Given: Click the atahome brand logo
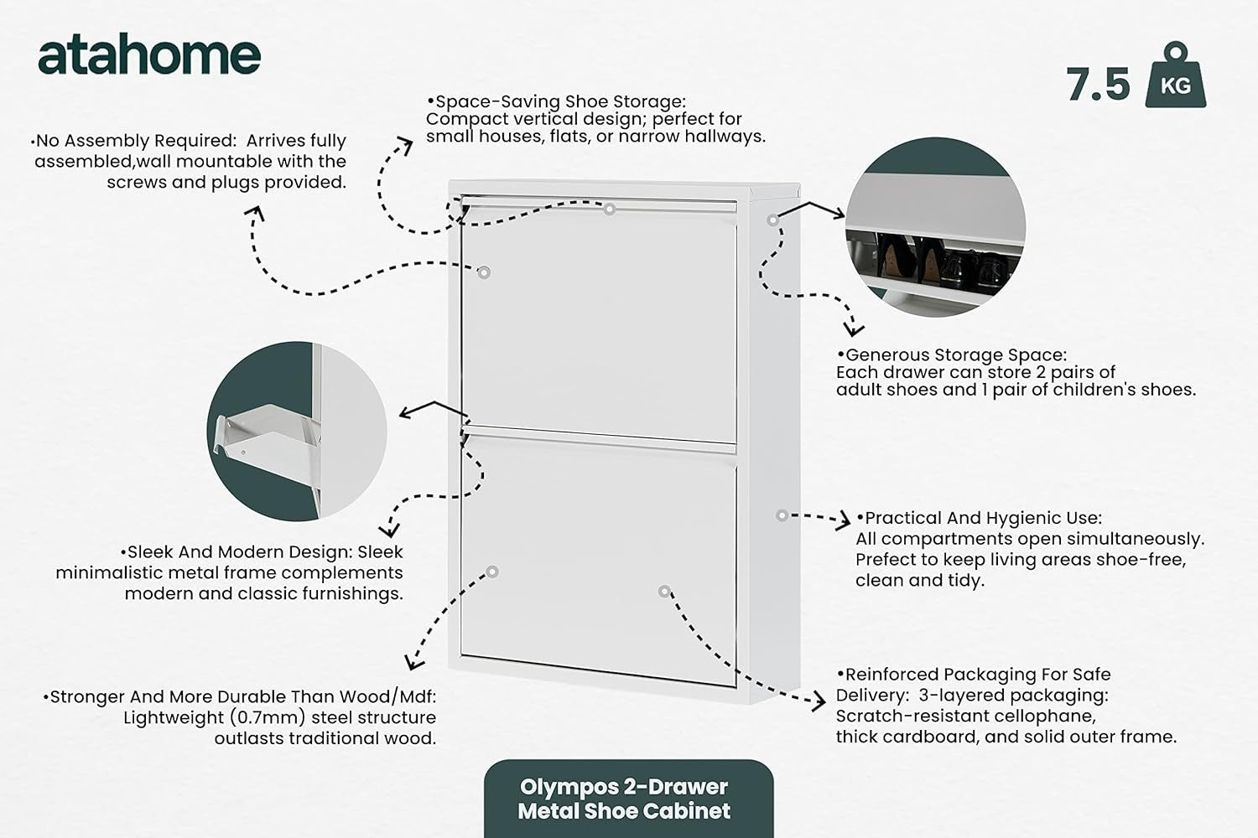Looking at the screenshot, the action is (149, 55).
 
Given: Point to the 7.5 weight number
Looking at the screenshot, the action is (1098, 85).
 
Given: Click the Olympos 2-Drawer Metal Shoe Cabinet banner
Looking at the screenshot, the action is (628, 799).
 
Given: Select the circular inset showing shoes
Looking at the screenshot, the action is (936, 227).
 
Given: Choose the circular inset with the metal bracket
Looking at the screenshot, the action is (297, 431).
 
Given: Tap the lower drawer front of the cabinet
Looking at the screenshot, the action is (599, 561).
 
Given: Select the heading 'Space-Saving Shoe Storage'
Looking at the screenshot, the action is (557, 101).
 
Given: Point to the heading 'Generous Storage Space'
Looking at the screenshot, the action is (951, 354).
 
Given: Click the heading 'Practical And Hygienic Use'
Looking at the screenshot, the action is (980, 518).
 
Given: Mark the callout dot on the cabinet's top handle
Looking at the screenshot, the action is (610, 209).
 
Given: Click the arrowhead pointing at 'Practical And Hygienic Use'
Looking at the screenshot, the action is (844, 520).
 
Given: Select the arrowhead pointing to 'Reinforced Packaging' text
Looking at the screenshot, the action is (818, 701).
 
